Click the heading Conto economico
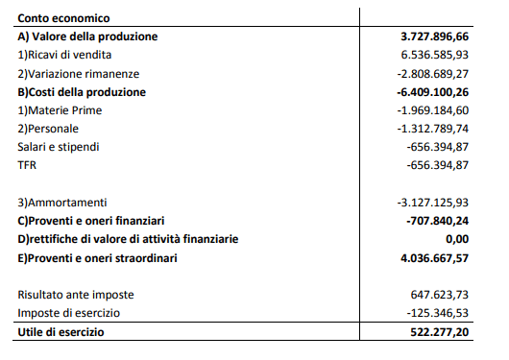point(63,18)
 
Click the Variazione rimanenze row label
point(79,73)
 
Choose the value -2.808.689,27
point(432,73)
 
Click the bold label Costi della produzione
point(82,92)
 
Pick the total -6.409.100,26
point(432,92)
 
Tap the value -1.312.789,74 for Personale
point(432,129)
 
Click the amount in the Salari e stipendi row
point(437,147)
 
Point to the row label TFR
point(26,165)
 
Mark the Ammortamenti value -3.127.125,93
point(432,203)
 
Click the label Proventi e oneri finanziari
point(91,221)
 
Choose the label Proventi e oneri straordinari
point(98,257)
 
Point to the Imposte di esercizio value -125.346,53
point(437,313)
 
